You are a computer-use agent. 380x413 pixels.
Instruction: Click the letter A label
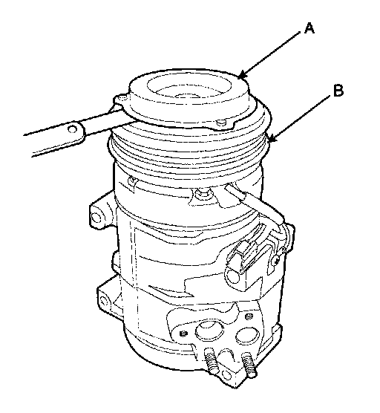tap(309, 28)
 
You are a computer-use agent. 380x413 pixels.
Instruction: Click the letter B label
tap(338, 91)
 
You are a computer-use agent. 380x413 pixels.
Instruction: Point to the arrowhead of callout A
tap(241, 75)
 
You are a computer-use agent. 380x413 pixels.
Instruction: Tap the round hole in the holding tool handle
tap(71, 129)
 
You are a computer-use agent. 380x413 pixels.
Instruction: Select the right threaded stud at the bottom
tap(248, 364)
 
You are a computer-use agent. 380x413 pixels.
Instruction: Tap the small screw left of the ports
tap(183, 334)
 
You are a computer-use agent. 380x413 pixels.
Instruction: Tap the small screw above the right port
tap(249, 316)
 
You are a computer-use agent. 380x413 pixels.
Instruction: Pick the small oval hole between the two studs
tap(227, 374)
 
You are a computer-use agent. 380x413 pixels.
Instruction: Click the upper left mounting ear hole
tap(96, 218)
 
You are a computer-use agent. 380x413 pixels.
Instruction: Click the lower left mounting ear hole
tap(102, 300)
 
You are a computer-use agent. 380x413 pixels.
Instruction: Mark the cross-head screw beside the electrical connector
tap(276, 261)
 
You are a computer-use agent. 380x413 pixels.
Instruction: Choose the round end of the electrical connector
tap(233, 276)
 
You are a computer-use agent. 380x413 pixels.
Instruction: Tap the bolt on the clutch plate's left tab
tap(122, 99)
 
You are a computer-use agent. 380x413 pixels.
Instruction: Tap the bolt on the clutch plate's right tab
tap(222, 123)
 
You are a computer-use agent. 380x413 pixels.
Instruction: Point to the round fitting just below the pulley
tap(202, 193)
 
